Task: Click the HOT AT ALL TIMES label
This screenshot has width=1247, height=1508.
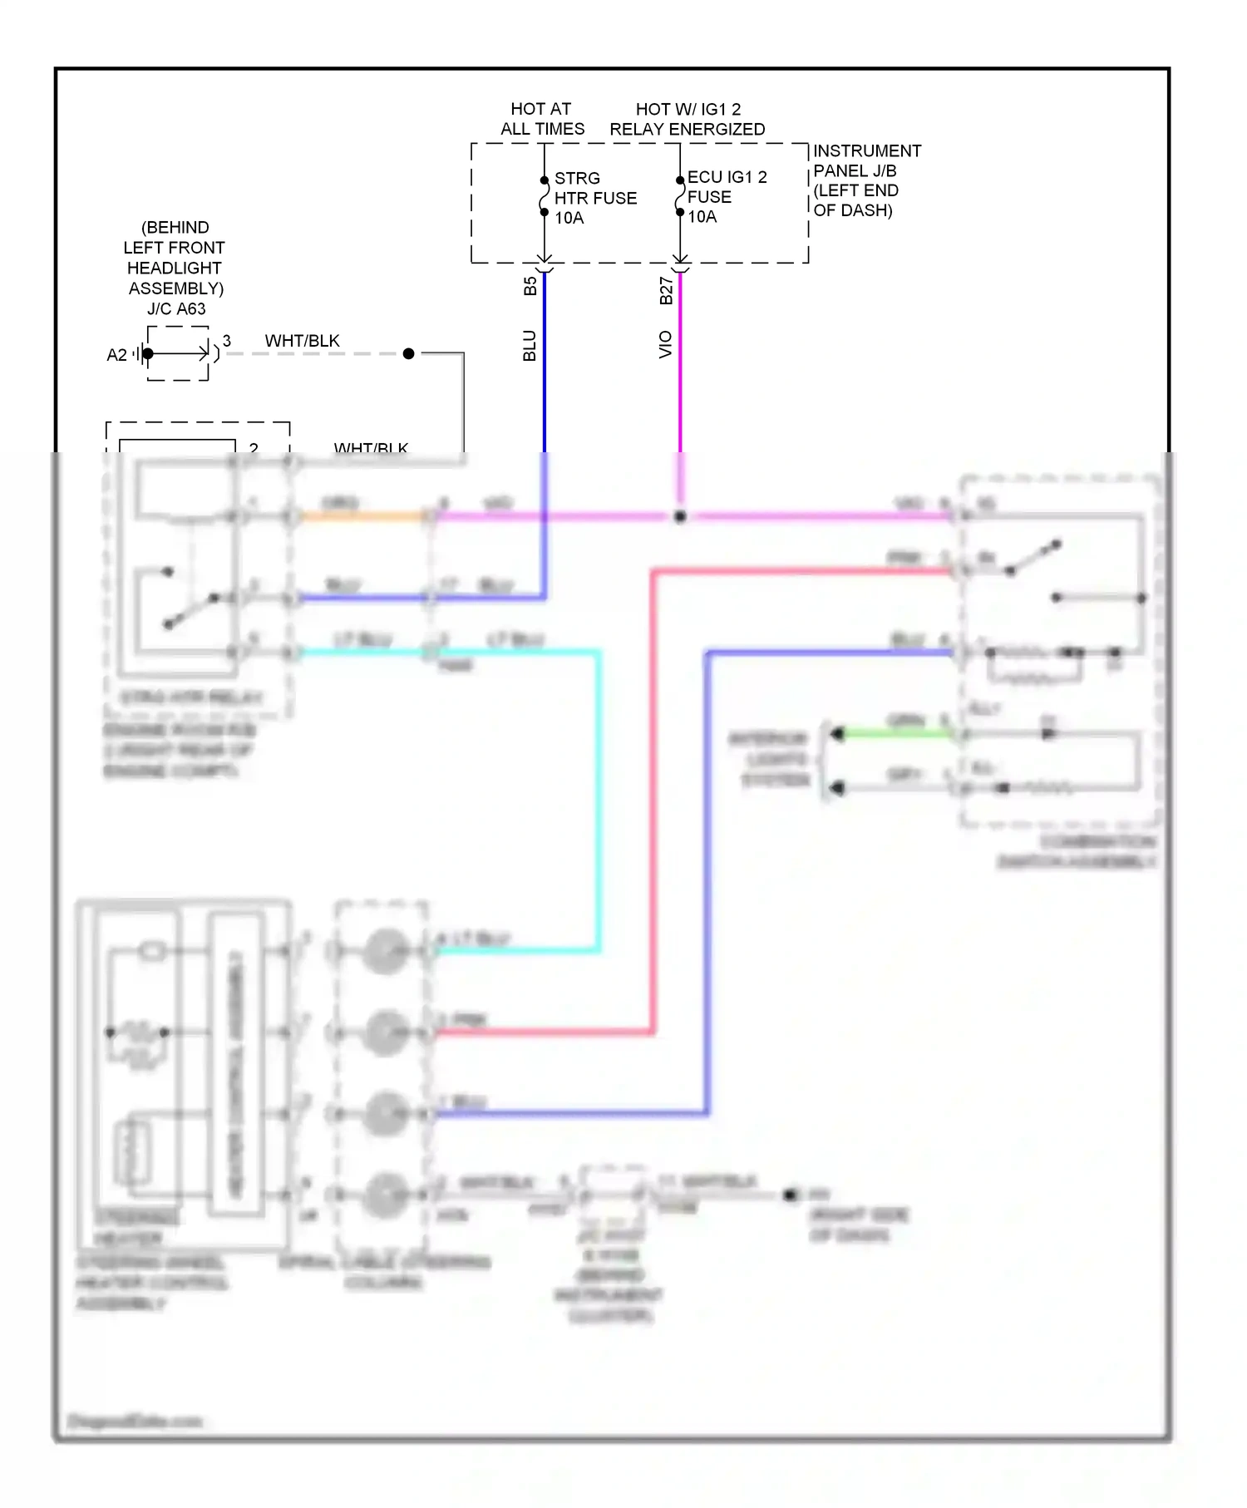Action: click(542, 119)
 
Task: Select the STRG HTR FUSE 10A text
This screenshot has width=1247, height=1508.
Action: click(594, 198)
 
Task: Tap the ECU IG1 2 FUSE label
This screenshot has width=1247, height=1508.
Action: click(726, 196)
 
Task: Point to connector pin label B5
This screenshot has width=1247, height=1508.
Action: click(530, 286)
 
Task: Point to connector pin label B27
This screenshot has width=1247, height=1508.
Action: click(666, 290)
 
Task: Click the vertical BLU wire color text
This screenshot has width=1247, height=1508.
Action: click(530, 345)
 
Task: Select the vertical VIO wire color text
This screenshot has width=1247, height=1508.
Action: click(665, 344)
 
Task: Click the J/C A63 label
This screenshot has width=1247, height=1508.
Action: click(176, 308)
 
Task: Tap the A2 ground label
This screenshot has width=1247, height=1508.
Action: click(117, 355)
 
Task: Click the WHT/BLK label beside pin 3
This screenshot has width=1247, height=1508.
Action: click(302, 341)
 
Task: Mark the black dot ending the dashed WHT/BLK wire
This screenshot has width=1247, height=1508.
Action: click(408, 354)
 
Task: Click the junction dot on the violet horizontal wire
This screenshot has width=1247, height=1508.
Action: click(680, 516)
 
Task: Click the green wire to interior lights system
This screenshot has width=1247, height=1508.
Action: click(898, 733)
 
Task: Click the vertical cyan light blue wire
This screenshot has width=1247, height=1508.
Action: click(598, 798)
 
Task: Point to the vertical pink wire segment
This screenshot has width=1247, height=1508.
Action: click(653, 798)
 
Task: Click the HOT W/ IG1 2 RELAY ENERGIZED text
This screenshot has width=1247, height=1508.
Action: click(688, 119)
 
